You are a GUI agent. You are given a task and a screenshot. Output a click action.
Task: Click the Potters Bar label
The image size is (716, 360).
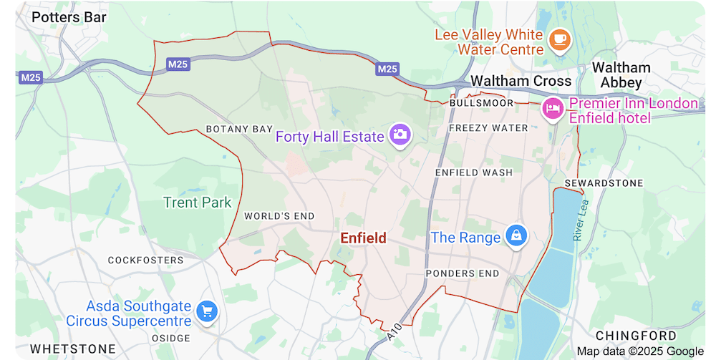coord(69,16)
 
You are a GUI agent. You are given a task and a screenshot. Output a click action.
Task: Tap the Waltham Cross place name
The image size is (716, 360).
coord(521,81)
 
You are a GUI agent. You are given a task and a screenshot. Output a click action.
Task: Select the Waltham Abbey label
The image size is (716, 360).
coord(621,75)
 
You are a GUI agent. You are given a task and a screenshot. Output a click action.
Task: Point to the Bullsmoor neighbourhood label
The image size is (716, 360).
coord(481,103)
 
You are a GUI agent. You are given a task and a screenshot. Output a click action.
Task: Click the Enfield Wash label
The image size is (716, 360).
coord(474,172)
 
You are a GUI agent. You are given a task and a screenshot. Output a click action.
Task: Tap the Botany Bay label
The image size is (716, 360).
coord(239,129)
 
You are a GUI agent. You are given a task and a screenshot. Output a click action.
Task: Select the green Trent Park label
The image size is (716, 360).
coord(198,203)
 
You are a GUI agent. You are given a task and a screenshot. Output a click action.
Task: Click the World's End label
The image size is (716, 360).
coord(279,215)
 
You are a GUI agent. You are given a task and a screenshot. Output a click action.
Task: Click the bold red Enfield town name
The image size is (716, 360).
coord(363,238)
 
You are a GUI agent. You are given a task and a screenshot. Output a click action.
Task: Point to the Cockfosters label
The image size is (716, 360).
coord(145,260)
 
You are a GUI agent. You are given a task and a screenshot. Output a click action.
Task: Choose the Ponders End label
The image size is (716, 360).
coord(462,273)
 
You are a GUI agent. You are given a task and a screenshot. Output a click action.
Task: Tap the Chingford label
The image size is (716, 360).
coord(636,335)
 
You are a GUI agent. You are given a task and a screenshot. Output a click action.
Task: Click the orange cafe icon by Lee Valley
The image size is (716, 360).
coord(560,40)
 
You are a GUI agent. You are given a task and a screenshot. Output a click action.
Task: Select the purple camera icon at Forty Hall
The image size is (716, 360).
coord(400,134)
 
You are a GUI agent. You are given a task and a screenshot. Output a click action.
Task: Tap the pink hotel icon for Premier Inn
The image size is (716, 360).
coord(552,110)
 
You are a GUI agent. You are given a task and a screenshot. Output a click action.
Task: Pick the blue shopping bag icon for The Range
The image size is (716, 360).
coord(516,235)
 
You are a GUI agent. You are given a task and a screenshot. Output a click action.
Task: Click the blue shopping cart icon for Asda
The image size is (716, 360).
coord(208,311)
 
